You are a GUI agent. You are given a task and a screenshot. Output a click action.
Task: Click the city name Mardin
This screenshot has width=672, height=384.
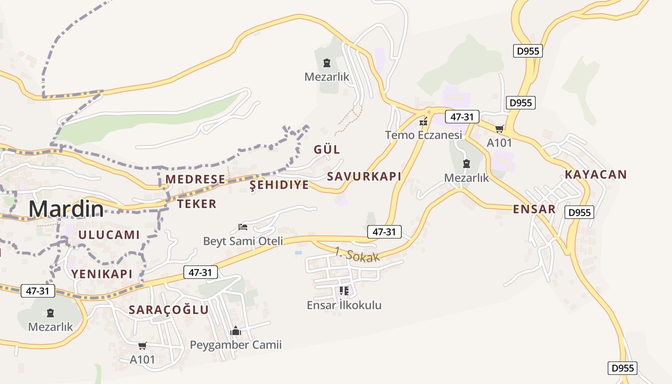coord(66,209)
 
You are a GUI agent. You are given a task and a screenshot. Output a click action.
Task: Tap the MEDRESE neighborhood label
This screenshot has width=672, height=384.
coord(195,179)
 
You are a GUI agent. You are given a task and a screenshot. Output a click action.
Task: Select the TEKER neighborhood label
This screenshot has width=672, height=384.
coord(197,204)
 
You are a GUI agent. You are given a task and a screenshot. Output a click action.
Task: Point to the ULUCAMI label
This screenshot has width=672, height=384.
coord(108,235)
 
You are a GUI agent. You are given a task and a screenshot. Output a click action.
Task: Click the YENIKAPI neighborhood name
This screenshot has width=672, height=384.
coord(102,274)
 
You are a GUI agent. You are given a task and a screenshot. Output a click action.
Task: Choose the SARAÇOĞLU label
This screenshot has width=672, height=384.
coord(169,310)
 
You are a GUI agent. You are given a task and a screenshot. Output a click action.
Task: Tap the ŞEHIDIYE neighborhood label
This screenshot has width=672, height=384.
coord(279,185)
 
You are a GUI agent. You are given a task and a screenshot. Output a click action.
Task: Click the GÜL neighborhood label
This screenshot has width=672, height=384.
coord(327,149)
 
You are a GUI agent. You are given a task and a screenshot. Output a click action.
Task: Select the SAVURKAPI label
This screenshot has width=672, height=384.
coord(364,176)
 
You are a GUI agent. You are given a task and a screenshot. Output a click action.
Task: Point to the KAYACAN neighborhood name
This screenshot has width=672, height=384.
coord(596,174)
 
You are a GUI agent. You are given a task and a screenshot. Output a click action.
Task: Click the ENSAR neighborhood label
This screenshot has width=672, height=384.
coord(534,209)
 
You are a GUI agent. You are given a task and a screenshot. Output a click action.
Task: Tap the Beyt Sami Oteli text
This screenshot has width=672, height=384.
coord(243,241)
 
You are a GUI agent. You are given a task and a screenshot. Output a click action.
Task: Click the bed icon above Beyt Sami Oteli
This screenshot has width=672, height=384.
coord(243,227)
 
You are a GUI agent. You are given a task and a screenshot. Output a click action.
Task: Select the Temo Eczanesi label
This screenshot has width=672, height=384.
coord(423,135)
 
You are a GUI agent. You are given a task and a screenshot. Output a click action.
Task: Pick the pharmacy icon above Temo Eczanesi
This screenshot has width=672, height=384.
coord(423,121)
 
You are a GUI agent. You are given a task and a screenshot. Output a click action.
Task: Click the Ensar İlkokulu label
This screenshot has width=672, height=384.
coord(344,305)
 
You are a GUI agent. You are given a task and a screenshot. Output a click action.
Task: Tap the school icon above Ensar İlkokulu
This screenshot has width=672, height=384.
coord(344,290)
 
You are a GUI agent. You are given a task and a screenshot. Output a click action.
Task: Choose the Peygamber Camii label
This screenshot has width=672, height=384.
coord(236,345)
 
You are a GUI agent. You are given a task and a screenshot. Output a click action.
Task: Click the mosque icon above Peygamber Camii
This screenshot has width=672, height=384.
coord(236,331)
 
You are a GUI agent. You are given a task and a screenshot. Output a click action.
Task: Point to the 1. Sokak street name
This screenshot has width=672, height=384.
coord(357,254)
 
